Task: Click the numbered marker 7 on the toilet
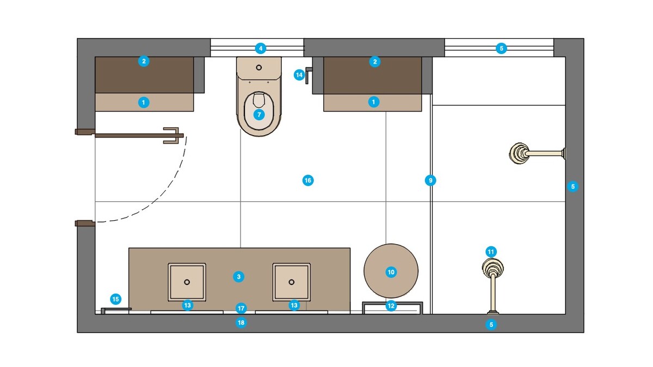[x=259, y=115]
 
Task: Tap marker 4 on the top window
[x=261, y=48]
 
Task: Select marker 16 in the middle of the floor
[x=308, y=180]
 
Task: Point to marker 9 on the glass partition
[x=430, y=180]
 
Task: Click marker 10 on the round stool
[x=391, y=272]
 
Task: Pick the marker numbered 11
[x=491, y=252]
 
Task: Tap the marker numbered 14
[x=299, y=74]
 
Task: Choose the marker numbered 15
[x=115, y=298]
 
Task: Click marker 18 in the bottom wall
[x=242, y=323]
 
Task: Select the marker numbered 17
[x=242, y=308]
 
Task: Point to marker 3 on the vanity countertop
[x=238, y=276]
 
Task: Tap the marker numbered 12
[x=391, y=306]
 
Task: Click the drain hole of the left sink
[x=187, y=282]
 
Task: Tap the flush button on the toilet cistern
[x=259, y=67]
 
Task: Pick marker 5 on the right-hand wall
[x=572, y=186]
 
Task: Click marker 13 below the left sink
[x=187, y=305]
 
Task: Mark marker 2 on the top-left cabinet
[x=144, y=61]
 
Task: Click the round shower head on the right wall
[x=519, y=153]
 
